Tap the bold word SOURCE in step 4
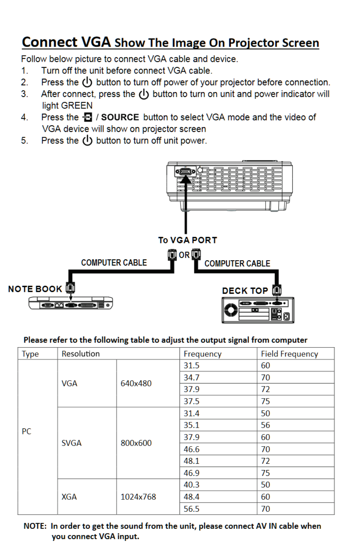coord(120,117)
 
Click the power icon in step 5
coord(87,141)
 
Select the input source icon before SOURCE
coord(87,117)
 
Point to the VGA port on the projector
coord(185,172)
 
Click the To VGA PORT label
coord(188,240)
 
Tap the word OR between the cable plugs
coord(184,255)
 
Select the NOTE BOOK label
coord(35,289)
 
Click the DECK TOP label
coord(245,291)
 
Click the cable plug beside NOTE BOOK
coord(71,287)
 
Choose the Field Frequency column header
coord(289,354)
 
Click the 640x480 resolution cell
coord(136,383)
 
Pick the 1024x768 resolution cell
coord(138,497)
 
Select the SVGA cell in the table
coord(72,443)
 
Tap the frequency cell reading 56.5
coord(192,509)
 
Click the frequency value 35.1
coord(192,425)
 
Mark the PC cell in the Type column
coord(27,431)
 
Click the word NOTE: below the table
coord(35,526)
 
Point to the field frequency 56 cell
coord(266,425)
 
